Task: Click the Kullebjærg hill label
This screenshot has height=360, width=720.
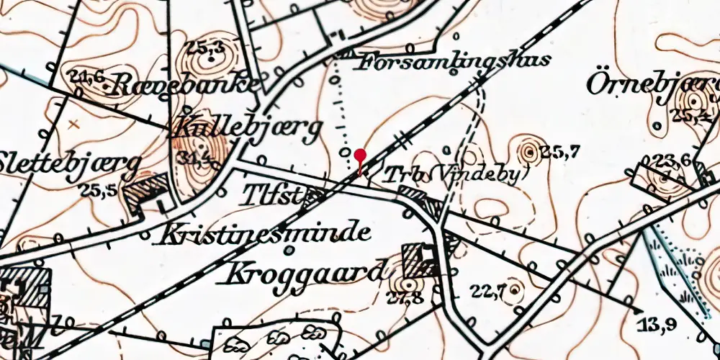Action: pyautogui.click(x=246, y=130)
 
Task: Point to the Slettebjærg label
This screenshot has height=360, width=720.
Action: pyautogui.click(x=68, y=161)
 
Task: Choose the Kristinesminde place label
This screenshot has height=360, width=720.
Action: pyautogui.click(x=266, y=234)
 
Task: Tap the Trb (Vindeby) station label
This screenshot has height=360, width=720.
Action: pyautogui.click(x=456, y=175)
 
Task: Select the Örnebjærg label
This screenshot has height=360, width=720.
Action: pyautogui.click(x=652, y=84)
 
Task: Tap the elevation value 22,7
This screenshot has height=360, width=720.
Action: pyautogui.click(x=489, y=291)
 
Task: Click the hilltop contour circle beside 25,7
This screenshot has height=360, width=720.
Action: pyautogui.click(x=530, y=152)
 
